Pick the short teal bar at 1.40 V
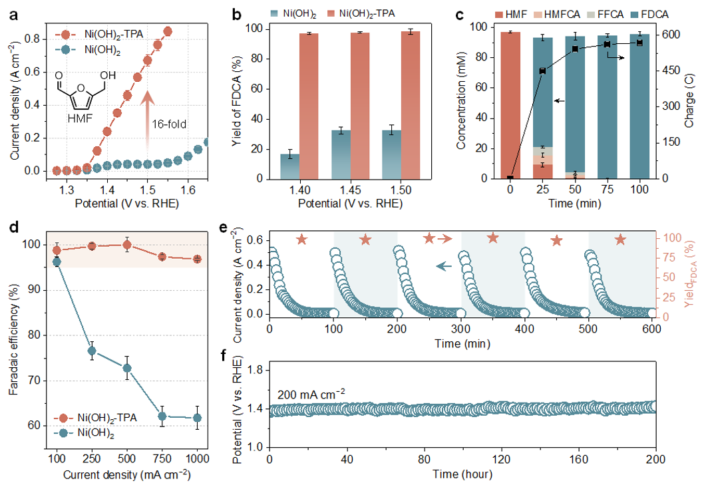pyautogui.click(x=289, y=166)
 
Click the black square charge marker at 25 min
pyautogui.click(x=542, y=71)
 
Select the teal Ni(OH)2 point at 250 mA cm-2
pyautogui.click(x=92, y=351)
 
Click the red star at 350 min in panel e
pyautogui.click(x=492, y=238)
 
